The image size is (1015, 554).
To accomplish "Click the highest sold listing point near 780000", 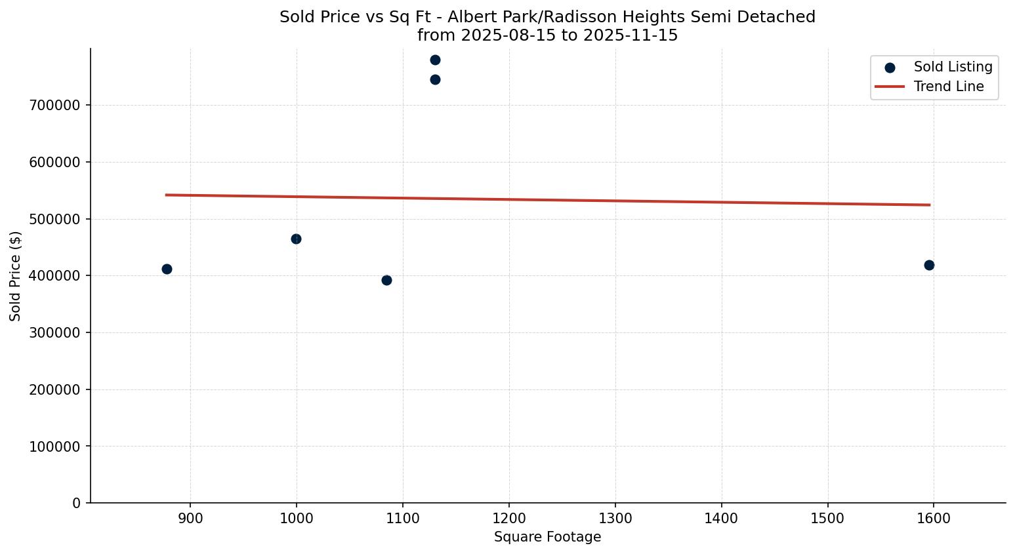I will (x=435, y=60).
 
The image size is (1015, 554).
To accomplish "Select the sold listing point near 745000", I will (x=435, y=80).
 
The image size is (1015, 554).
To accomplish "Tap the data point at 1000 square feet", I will (x=296, y=239).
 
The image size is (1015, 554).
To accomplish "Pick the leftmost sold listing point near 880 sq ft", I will (x=167, y=269).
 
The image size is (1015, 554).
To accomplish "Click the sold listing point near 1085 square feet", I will (x=386, y=281).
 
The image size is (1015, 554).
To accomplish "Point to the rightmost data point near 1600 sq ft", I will (x=929, y=266).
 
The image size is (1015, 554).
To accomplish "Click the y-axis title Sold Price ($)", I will (x=16, y=276).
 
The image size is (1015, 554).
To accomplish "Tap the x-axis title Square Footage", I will (x=547, y=538).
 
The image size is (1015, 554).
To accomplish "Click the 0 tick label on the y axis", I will (x=77, y=504).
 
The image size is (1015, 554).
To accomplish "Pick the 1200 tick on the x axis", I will (x=508, y=519).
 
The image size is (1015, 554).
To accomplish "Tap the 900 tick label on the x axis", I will (x=190, y=519).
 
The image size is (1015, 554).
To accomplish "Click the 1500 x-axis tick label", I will (x=827, y=519).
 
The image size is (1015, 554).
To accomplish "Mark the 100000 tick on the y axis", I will (x=55, y=446).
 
